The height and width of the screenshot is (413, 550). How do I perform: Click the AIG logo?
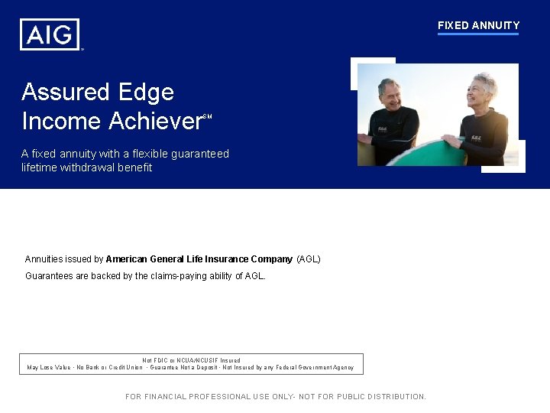coord(50,34)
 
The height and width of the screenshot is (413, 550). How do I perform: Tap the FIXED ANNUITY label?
coord(478,25)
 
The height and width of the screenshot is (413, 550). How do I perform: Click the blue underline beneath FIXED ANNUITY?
coord(478,34)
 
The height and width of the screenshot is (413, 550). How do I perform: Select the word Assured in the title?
coord(66,93)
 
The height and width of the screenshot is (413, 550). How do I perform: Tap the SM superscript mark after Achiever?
coord(206,117)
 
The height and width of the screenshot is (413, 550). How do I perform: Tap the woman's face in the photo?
coord(480,94)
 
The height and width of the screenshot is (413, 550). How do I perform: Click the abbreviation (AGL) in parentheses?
coord(308,259)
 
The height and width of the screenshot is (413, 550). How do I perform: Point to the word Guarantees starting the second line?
coord(50,276)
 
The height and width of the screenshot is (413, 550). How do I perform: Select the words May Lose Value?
coord(49,368)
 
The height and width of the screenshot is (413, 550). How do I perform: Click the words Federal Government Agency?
coord(319,368)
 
